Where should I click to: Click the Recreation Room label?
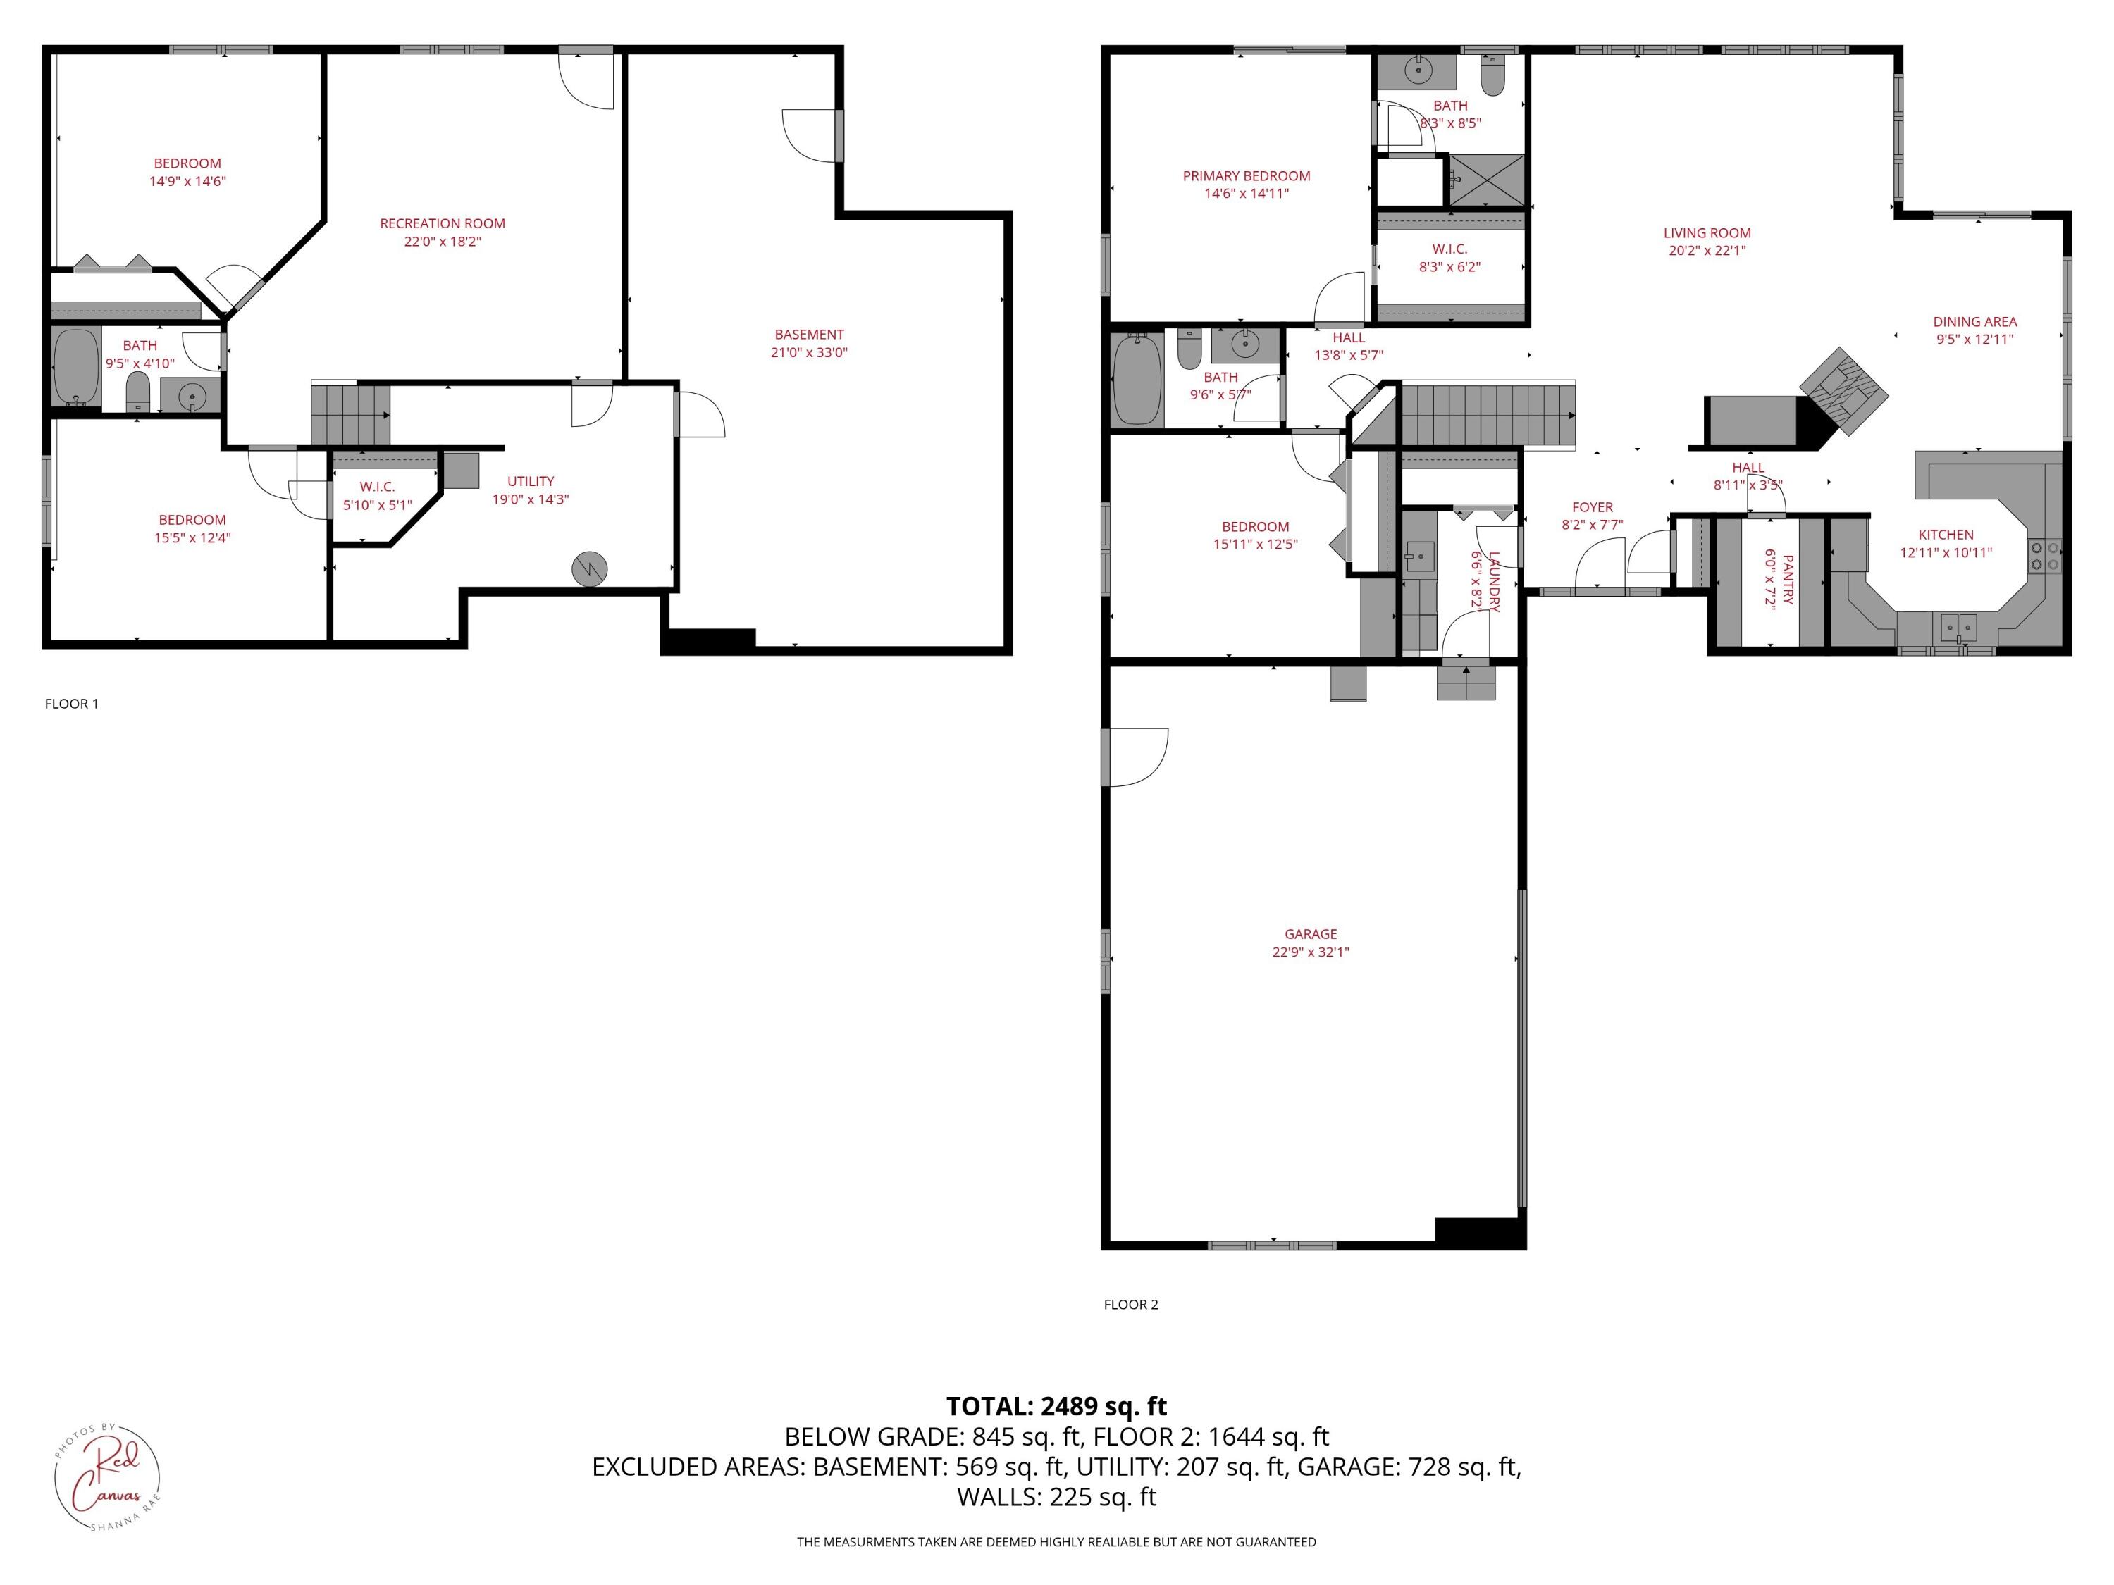[x=442, y=223]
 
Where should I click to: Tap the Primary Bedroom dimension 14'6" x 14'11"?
[x=1247, y=194]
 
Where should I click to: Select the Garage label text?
[x=1310, y=934]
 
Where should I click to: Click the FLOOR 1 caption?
[x=72, y=704]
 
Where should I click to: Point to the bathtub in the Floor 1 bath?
[x=75, y=368]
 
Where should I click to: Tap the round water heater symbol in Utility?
[x=588, y=569]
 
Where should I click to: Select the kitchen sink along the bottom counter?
[x=1958, y=628]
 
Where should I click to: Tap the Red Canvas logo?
[x=106, y=1476]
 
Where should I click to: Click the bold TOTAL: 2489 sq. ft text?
[x=1056, y=1406]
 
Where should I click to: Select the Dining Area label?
[x=1974, y=322]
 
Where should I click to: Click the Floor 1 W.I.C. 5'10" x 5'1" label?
[x=378, y=496]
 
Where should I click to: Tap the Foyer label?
[x=1592, y=507]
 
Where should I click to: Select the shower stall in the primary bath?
[x=1487, y=180]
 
